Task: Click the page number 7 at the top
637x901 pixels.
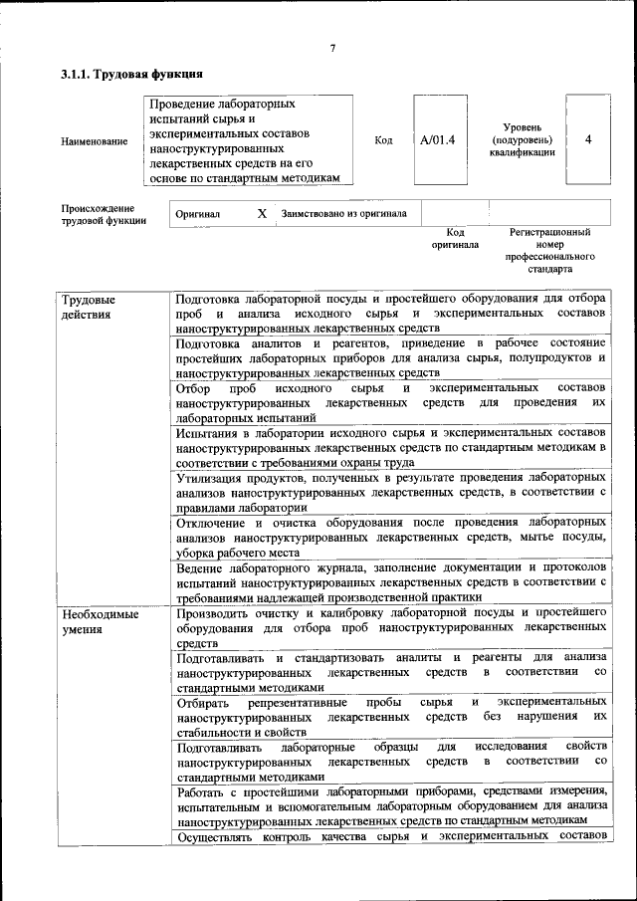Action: point(332,48)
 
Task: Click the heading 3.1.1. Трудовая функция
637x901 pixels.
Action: point(131,75)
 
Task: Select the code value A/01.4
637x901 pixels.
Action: point(438,140)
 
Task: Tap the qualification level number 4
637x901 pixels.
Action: point(588,140)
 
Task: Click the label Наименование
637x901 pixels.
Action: point(95,141)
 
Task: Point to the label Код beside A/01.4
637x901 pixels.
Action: point(383,140)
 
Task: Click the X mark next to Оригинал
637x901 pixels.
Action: point(262,213)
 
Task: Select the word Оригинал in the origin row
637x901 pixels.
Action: point(198,213)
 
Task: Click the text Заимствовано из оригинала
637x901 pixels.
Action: point(343,213)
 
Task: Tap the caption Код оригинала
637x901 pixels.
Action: point(455,238)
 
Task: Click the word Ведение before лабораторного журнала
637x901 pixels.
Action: point(200,566)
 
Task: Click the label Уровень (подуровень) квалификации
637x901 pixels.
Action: point(522,140)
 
